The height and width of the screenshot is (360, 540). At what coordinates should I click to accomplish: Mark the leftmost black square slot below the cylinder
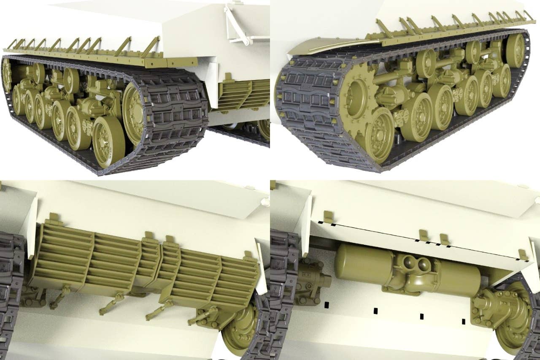[x=326, y=304]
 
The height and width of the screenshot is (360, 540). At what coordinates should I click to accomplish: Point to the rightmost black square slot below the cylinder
[x=464, y=322]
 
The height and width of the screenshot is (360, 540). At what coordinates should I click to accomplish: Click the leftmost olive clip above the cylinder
[x=328, y=216]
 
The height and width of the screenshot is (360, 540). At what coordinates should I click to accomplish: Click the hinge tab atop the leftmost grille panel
[x=53, y=219]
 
